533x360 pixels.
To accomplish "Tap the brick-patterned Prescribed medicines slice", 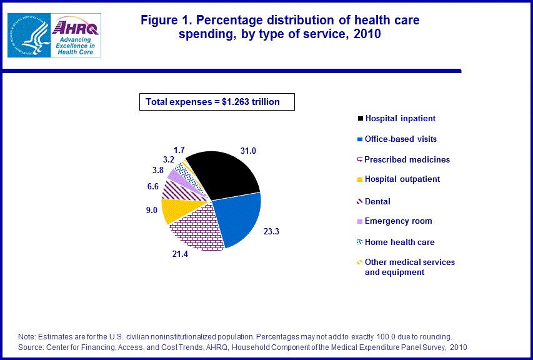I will (x=197, y=228).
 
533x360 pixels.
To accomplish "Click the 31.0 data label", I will (x=247, y=149).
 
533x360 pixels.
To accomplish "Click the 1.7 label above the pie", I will (x=179, y=150).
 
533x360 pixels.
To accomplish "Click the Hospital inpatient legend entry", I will (x=400, y=118).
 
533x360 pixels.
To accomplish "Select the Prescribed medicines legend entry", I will (x=407, y=159).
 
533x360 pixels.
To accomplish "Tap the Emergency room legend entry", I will (x=398, y=221).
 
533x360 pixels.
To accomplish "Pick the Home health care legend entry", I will (x=399, y=242).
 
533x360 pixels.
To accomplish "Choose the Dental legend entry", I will (x=377, y=201).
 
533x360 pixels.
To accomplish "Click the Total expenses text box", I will (x=216, y=102).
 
